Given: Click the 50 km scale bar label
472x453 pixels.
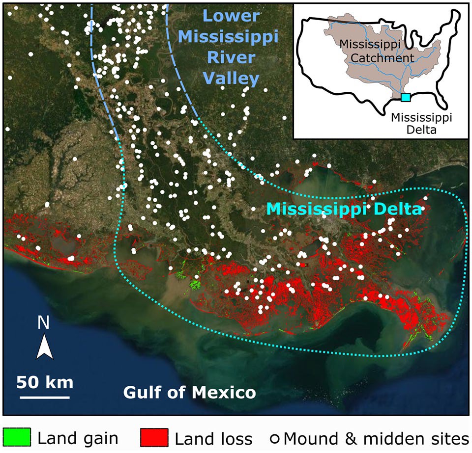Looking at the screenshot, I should [x=45, y=382].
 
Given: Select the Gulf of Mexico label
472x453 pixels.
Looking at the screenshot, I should [x=189, y=393].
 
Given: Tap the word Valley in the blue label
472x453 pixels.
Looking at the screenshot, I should [x=232, y=79].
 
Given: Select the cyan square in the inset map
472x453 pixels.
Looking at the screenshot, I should [x=406, y=97].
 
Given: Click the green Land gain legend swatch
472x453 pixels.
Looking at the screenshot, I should [x=17, y=437].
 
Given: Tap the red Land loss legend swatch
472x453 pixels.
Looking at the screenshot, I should [x=154, y=437].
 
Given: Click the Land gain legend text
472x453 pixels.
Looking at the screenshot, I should [x=78, y=437].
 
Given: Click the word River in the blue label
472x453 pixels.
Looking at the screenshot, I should [x=232, y=57].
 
